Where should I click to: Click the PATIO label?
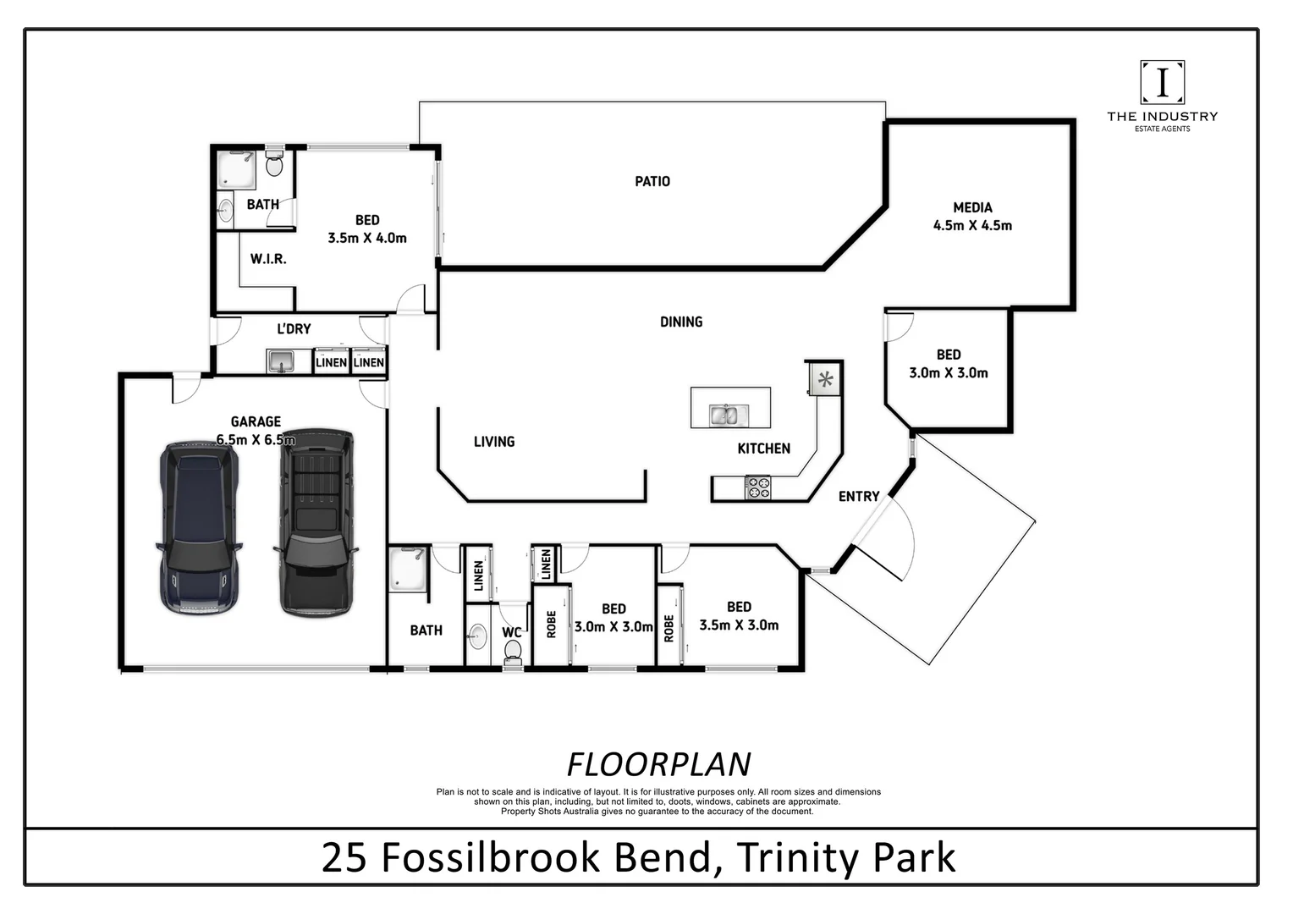point(652,181)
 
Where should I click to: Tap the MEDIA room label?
point(972,207)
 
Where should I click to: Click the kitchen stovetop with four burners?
point(757,487)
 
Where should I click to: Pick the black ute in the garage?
point(316,522)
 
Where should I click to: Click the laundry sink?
point(280,363)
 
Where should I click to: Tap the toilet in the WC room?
point(512,651)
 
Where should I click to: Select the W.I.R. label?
point(268,259)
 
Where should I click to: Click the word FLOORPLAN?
point(658,764)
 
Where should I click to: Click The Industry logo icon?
point(1162,82)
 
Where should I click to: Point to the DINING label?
point(681,322)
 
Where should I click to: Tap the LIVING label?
point(494,442)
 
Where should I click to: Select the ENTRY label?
point(859,497)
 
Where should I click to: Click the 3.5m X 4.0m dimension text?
point(367,239)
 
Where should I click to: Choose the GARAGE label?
point(256,421)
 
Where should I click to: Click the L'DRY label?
point(294,329)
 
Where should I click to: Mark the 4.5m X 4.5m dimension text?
point(972,226)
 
